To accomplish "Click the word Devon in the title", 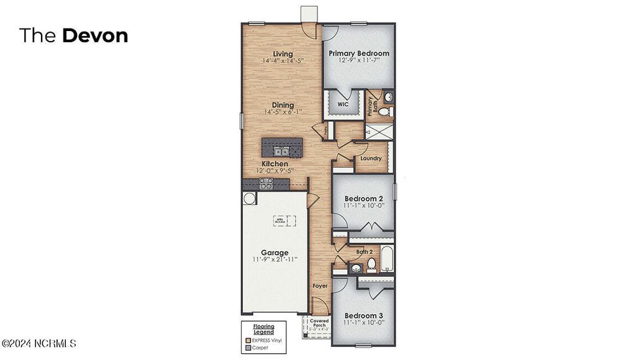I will (x=94, y=35).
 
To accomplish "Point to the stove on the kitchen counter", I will (x=265, y=183).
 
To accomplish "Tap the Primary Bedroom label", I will (x=359, y=53).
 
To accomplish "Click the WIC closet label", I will (x=342, y=105).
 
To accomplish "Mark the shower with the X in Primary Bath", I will (x=376, y=131).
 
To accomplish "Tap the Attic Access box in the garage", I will (x=284, y=220).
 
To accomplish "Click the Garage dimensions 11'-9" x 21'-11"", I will (x=275, y=259).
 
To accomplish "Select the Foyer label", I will (x=320, y=286).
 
